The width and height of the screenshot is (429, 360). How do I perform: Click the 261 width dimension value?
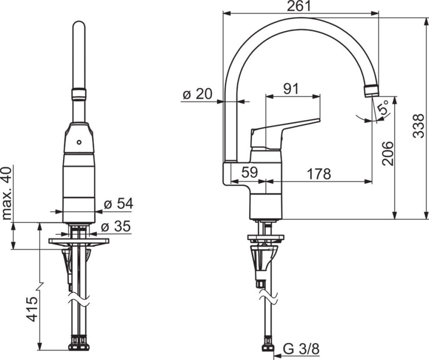(300, 6)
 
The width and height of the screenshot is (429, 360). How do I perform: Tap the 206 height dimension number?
(387, 153)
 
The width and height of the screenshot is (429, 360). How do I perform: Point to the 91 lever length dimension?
(291, 88)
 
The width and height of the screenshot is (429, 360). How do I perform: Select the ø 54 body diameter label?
(118, 204)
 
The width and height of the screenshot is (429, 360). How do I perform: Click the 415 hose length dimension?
(32, 309)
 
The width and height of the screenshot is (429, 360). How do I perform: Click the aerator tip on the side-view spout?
(372, 90)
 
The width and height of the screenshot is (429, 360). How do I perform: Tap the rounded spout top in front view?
(79, 28)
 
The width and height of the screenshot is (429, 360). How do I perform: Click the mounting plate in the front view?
(79, 241)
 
